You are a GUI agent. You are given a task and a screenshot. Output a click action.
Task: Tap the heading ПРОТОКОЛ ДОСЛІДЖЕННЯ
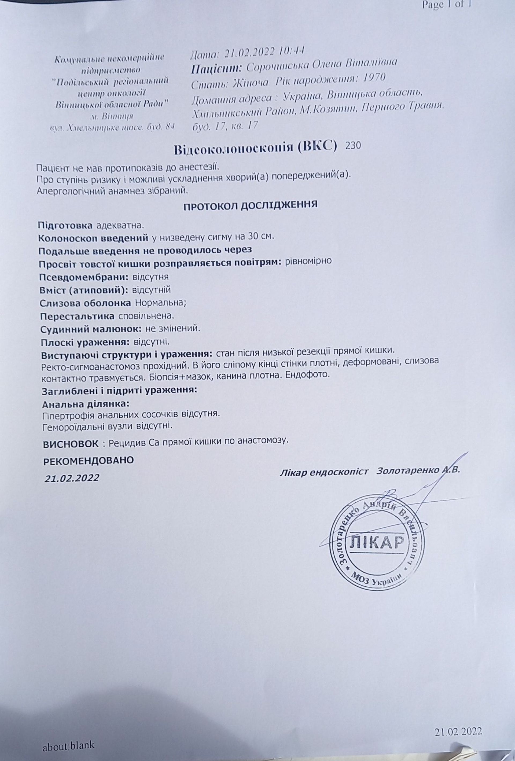coord(250,205)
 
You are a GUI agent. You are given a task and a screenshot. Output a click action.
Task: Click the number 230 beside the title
coord(353,145)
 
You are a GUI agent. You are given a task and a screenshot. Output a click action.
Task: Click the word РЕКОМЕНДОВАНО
coord(89,460)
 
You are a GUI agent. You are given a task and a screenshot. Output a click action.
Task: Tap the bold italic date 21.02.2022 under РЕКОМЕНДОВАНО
coord(72,478)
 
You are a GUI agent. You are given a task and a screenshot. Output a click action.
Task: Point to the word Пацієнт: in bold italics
coord(216,68)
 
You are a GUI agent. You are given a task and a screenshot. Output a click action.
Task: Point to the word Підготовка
coord(65,226)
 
